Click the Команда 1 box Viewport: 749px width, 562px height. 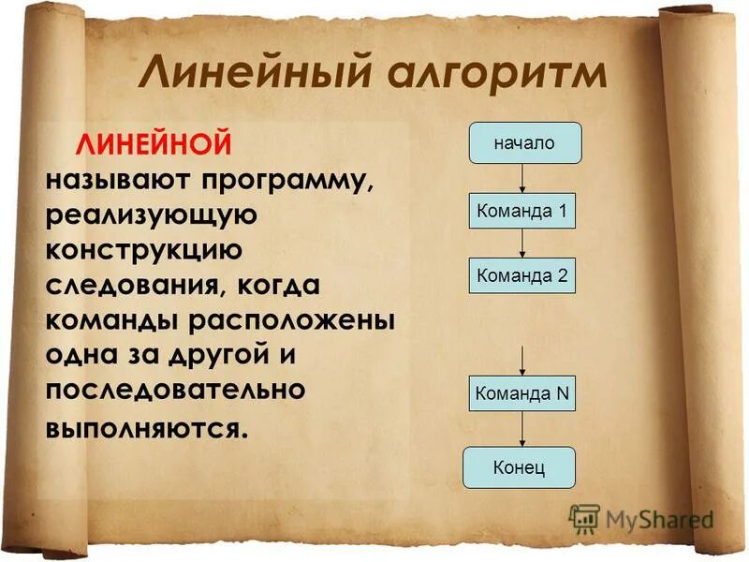pyautogui.click(x=521, y=211)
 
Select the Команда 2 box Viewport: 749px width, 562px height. pyautogui.click(x=521, y=276)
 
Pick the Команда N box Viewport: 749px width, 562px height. pyautogui.click(x=521, y=393)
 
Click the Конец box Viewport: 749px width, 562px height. pyautogui.click(x=519, y=466)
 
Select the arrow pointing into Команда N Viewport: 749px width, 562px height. pyautogui.click(x=523, y=360)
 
